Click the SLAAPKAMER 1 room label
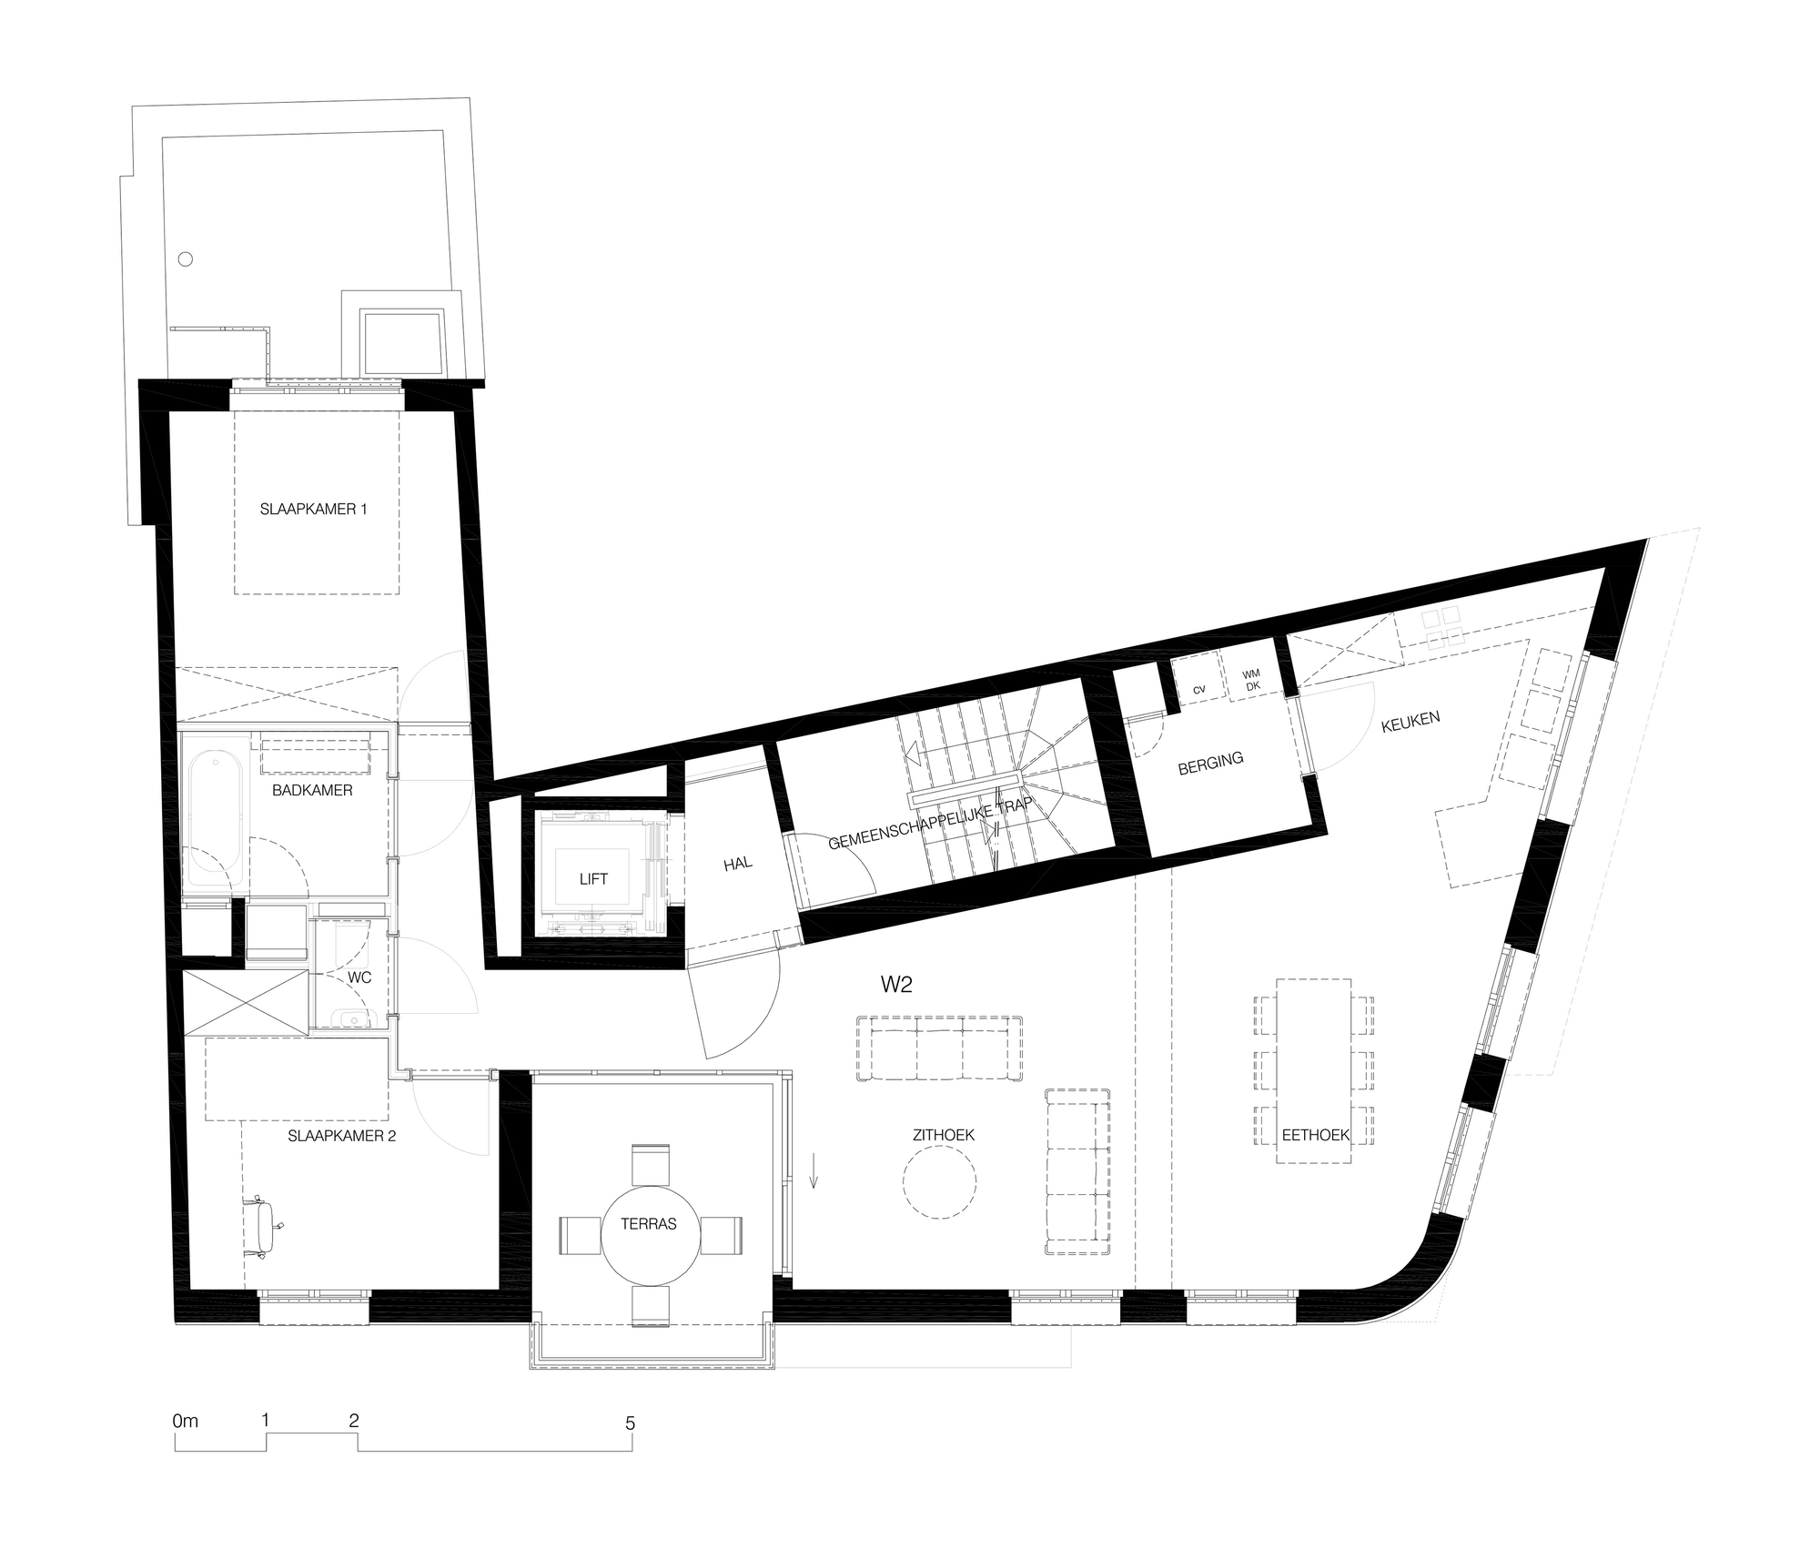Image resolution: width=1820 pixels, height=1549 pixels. [314, 510]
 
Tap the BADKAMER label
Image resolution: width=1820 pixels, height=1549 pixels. [312, 791]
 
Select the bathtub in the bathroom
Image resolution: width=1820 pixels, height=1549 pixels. [214, 818]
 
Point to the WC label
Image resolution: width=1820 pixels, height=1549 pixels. [360, 978]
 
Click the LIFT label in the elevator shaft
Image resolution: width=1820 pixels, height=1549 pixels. [593, 879]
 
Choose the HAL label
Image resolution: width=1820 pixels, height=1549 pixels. [738, 863]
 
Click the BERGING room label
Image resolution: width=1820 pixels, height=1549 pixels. [1210, 764]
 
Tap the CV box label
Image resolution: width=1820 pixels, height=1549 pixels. [1199, 690]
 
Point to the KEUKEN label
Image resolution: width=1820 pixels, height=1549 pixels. [1410, 722]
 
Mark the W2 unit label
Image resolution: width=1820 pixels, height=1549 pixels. [896, 985]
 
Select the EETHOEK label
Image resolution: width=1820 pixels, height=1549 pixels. [1315, 1135]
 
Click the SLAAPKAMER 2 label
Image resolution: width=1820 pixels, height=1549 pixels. [341, 1136]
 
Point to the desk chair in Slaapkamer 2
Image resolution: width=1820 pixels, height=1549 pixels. [264, 1227]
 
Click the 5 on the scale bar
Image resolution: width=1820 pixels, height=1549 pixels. [630, 1423]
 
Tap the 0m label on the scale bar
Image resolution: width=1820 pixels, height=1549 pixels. [185, 1420]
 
